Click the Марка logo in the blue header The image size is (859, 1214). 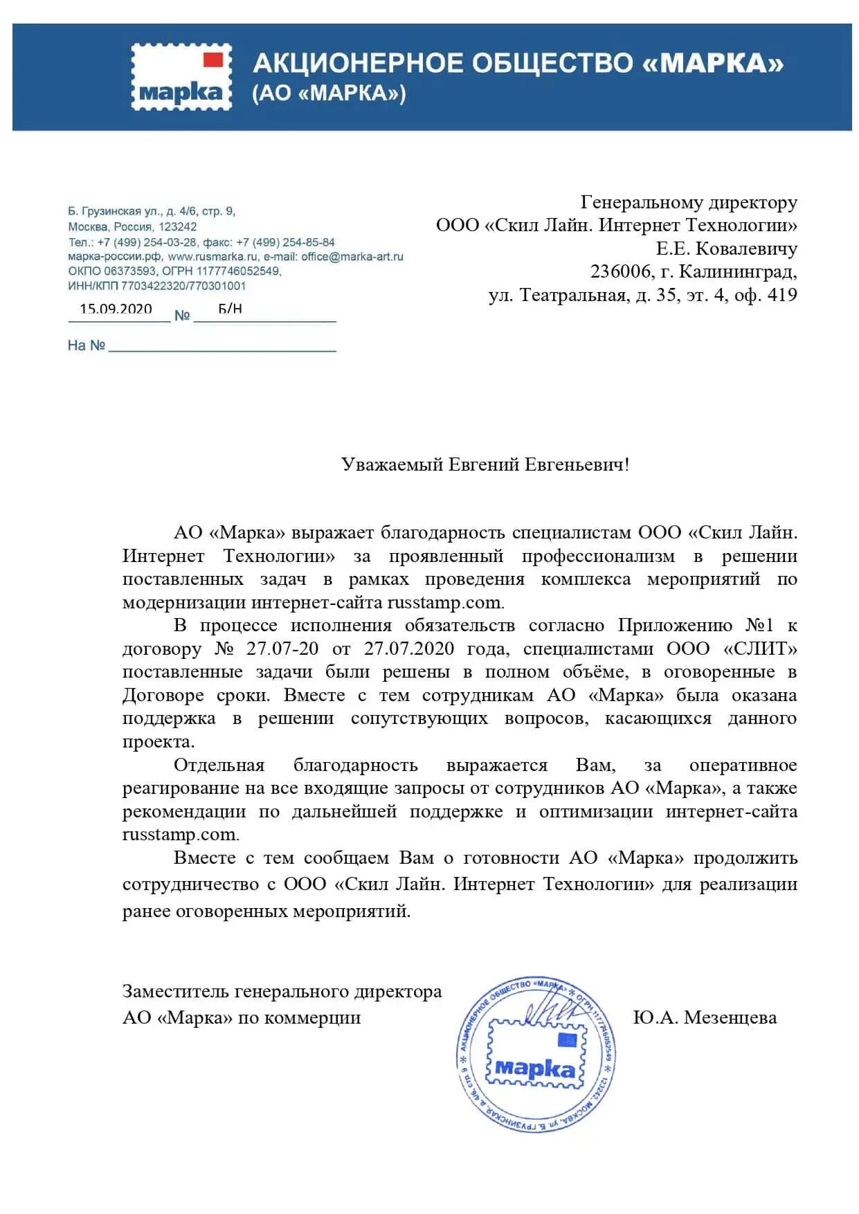click(x=181, y=76)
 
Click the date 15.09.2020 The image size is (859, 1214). click(x=116, y=309)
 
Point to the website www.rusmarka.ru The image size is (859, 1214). click(x=213, y=257)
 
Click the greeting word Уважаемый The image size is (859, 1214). click(x=392, y=464)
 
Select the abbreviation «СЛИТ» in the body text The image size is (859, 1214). click(x=760, y=649)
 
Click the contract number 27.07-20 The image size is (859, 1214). click(x=282, y=649)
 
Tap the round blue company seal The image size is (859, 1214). click(x=535, y=1056)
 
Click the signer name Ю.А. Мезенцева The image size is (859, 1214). click(x=705, y=1017)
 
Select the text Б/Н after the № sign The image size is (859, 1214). click(x=230, y=309)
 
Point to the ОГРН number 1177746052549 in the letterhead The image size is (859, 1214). click(x=239, y=271)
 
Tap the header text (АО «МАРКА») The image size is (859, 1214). click(x=329, y=93)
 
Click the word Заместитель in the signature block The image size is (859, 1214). click(x=176, y=991)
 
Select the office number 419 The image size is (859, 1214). click(x=782, y=295)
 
